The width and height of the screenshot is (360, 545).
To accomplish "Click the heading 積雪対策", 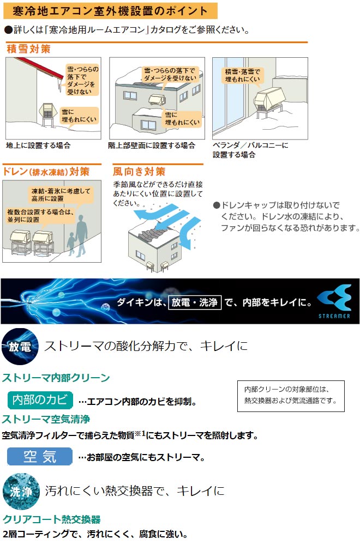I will coord(28,49).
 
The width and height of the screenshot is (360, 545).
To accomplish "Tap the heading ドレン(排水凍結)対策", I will coord(46,171).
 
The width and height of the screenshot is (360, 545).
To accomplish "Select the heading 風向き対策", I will coord(139,171).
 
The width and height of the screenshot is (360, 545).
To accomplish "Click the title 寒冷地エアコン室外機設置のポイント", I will coord(110,10).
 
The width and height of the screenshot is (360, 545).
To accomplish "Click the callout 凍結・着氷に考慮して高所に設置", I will coord(60,195).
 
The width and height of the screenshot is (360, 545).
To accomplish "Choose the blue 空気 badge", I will coord(40,456).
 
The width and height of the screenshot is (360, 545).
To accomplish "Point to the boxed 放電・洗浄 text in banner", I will coord(194,301).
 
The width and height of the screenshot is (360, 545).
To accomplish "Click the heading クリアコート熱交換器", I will coord(52,519).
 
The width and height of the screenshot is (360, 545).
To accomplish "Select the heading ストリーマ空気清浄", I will coord(46,419).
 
